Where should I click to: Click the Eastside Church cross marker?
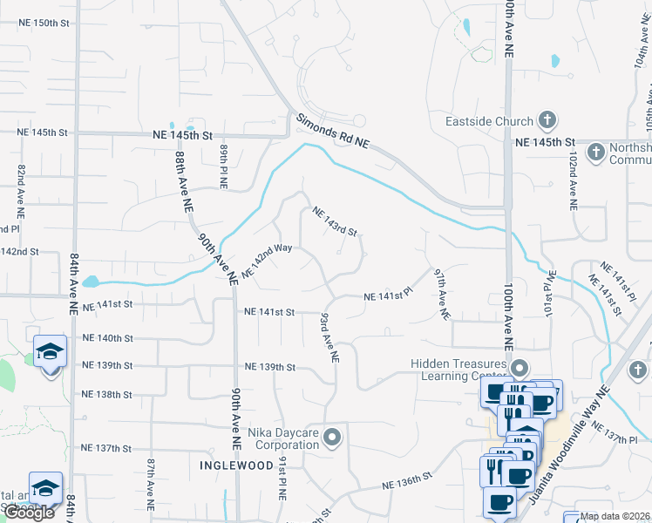click(547, 120)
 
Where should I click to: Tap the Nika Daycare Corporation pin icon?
click(331, 438)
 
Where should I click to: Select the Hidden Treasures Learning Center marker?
click(520, 368)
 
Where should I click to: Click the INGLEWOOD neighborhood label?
click(235, 465)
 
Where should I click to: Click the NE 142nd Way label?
click(266, 261)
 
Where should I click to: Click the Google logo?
click(29, 513)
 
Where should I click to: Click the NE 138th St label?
click(106, 395)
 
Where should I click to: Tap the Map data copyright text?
click(616, 516)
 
